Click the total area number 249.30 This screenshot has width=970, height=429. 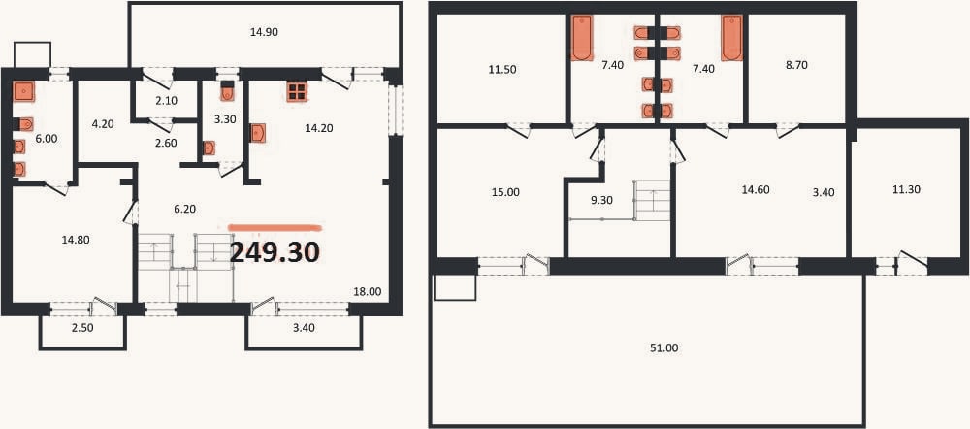tap(275, 252)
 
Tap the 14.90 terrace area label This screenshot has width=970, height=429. tap(264, 33)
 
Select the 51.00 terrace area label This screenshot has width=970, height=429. tap(664, 348)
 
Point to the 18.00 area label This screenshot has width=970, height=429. tap(367, 291)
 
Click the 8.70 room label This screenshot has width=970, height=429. tap(795, 64)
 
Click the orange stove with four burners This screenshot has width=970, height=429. tap(297, 91)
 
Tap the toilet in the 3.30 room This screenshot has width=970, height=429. tap(227, 91)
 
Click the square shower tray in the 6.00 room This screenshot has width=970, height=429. tap(23, 91)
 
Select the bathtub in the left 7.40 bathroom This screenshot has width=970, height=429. tap(581, 39)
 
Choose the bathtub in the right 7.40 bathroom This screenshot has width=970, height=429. tap(731, 39)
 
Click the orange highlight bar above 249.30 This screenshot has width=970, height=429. tap(275, 228)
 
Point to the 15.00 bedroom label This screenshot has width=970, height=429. tap(505, 192)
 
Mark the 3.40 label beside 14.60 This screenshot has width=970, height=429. tap(824, 192)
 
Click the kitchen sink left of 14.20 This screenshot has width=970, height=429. tap(258, 133)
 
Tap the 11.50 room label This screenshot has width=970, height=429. tap(501, 69)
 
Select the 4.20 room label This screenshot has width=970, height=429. tap(103, 124)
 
